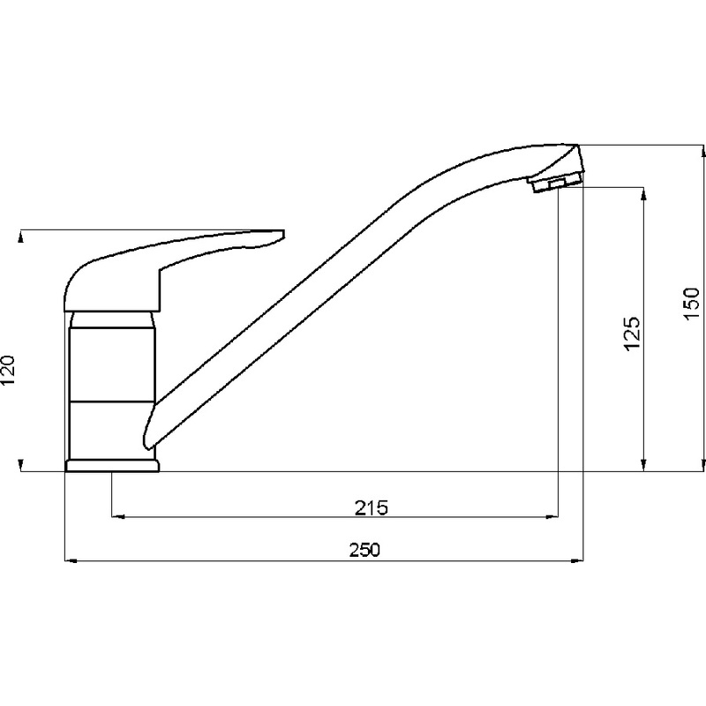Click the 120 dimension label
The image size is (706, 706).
click(x=9, y=370)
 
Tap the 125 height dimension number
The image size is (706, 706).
click(x=632, y=334)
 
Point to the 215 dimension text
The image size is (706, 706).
click(x=372, y=508)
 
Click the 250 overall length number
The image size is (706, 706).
click(x=364, y=550)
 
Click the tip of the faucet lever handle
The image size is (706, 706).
click(x=283, y=234)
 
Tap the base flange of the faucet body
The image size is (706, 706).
click(x=112, y=466)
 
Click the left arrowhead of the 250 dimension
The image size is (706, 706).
click(x=71, y=561)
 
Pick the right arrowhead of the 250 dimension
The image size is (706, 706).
click(x=577, y=561)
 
